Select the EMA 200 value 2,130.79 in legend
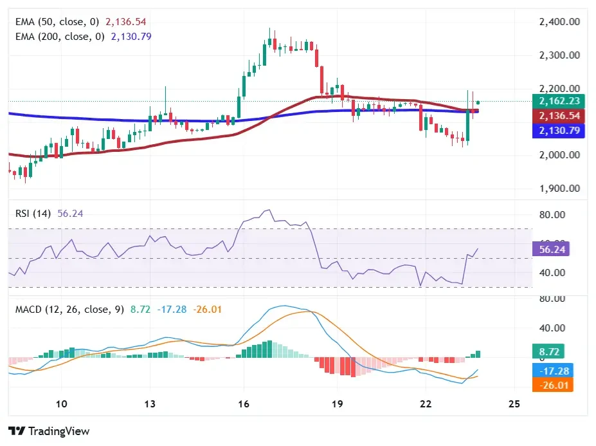pyautogui.click(x=131, y=36)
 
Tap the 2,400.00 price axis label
pyautogui.click(x=559, y=22)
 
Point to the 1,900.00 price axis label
pyautogui.click(x=559, y=189)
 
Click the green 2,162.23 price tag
pyautogui.click(x=551, y=101)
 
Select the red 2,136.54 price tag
pyautogui.click(x=551, y=116)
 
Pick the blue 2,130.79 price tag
pyautogui.click(x=551, y=131)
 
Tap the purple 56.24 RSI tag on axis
pyautogui.click(x=550, y=250)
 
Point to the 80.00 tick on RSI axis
pyautogui.click(x=552, y=214)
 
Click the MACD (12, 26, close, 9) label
pyautogui.click(x=70, y=310)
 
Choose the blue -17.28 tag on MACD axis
pyautogui.click(x=550, y=371)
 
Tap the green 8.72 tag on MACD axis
pyautogui.click(x=550, y=352)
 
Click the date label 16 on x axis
pyautogui.click(x=242, y=404)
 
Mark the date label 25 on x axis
pyautogui.click(x=513, y=404)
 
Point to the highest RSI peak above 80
pyautogui.click(x=269, y=210)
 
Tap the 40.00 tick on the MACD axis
pyautogui.click(x=552, y=328)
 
